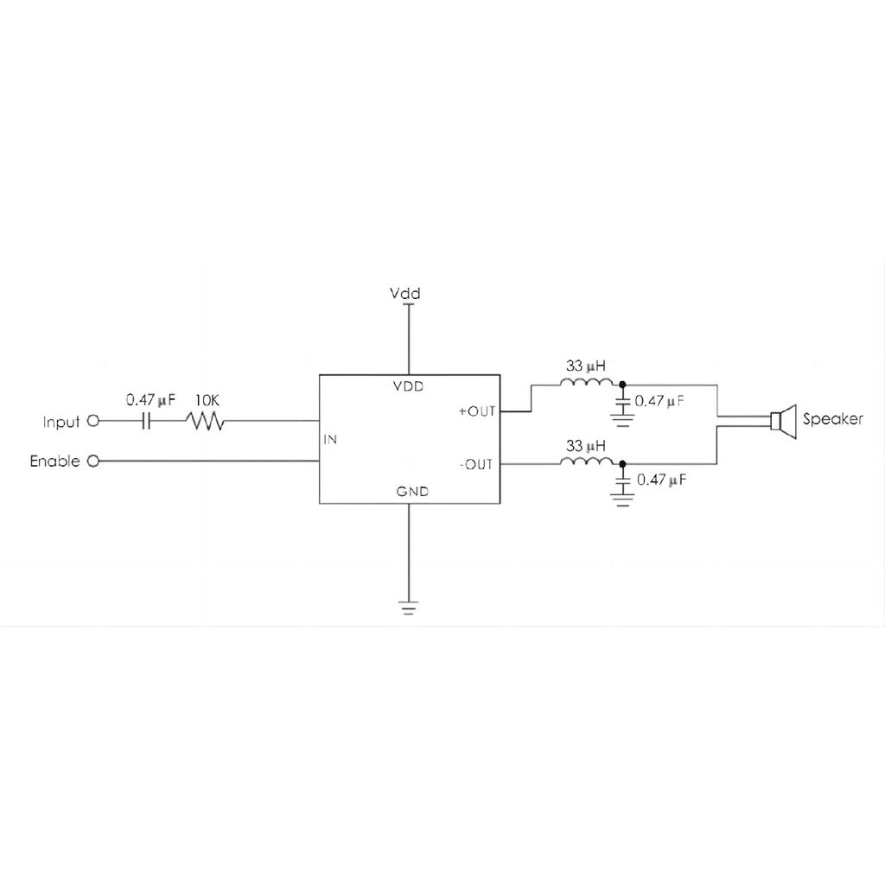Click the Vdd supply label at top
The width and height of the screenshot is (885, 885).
coord(405,295)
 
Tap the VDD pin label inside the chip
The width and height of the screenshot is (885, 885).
coord(409,386)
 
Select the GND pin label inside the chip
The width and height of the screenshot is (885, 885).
coord(413,492)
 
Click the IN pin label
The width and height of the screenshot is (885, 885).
coord(330,439)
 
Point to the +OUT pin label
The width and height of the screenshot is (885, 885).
coord(476,411)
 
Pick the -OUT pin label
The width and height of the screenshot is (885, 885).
coord(476,465)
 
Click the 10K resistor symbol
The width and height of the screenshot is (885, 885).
coord(205,422)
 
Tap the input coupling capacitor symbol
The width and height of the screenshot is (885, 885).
coord(147,422)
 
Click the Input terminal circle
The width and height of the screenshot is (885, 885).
coord(94,422)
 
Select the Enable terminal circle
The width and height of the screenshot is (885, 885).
coord(94,461)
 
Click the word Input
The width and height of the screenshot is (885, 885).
coord(61,423)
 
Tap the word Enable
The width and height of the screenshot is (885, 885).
coord(54,461)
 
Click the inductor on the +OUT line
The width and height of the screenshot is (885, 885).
coord(587,384)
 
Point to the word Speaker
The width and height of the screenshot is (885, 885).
coord(832,420)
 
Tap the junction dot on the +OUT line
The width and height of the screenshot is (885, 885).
coord(621,385)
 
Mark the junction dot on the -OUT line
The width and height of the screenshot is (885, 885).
coord(621,464)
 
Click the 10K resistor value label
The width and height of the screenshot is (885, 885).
coord(207,400)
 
